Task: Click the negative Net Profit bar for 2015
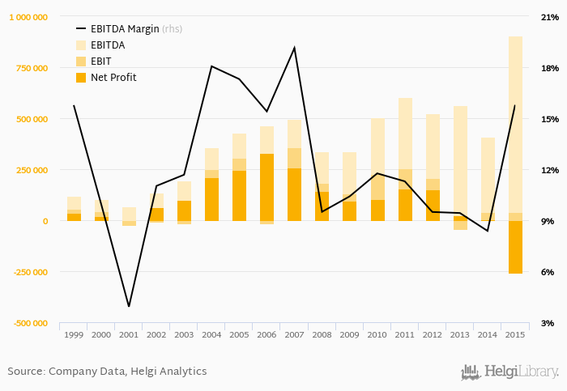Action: coord(515,247)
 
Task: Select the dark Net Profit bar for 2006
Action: coord(266,187)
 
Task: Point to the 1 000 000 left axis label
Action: coord(29,17)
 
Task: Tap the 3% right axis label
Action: coord(548,323)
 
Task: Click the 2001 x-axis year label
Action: coord(129,334)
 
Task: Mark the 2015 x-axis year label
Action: coord(515,334)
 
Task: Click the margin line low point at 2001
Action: coord(129,307)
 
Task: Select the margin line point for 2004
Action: coord(211,66)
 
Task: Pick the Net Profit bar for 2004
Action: coord(211,199)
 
